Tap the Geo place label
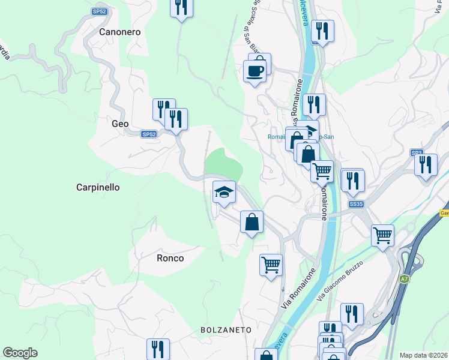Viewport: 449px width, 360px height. [120, 124]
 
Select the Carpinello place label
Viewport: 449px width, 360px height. [98, 187]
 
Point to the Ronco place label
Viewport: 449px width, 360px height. [170, 258]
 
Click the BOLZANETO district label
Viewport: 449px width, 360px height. [225, 330]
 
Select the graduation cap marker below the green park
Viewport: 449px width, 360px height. [224, 192]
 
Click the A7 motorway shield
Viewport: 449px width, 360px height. [405, 278]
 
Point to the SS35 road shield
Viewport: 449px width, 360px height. [356, 205]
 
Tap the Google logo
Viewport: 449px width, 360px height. [20, 353]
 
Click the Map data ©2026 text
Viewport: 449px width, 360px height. [424, 355]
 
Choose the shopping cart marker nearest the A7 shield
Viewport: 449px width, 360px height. [382, 235]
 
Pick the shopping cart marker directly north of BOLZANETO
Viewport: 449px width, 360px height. [271, 264]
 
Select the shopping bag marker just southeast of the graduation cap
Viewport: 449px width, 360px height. [252, 221]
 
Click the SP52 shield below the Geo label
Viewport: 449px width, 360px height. [149, 134]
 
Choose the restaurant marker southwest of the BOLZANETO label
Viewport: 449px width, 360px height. [158, 349]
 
